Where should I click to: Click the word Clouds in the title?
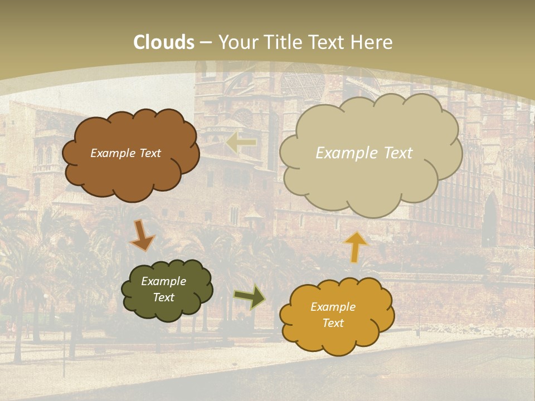click(164, 42)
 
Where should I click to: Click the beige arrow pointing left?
click(241, 143)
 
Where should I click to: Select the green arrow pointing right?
click(250, 297)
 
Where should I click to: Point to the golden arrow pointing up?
click(356, 247)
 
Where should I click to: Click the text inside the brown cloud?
click(125, 153)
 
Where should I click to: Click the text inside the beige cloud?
click(364, 153)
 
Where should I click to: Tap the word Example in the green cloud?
click(163, 282)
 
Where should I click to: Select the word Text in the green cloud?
click(163, 297)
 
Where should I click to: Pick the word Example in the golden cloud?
click(333, 307)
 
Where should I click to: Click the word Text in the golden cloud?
click(333, 323)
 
